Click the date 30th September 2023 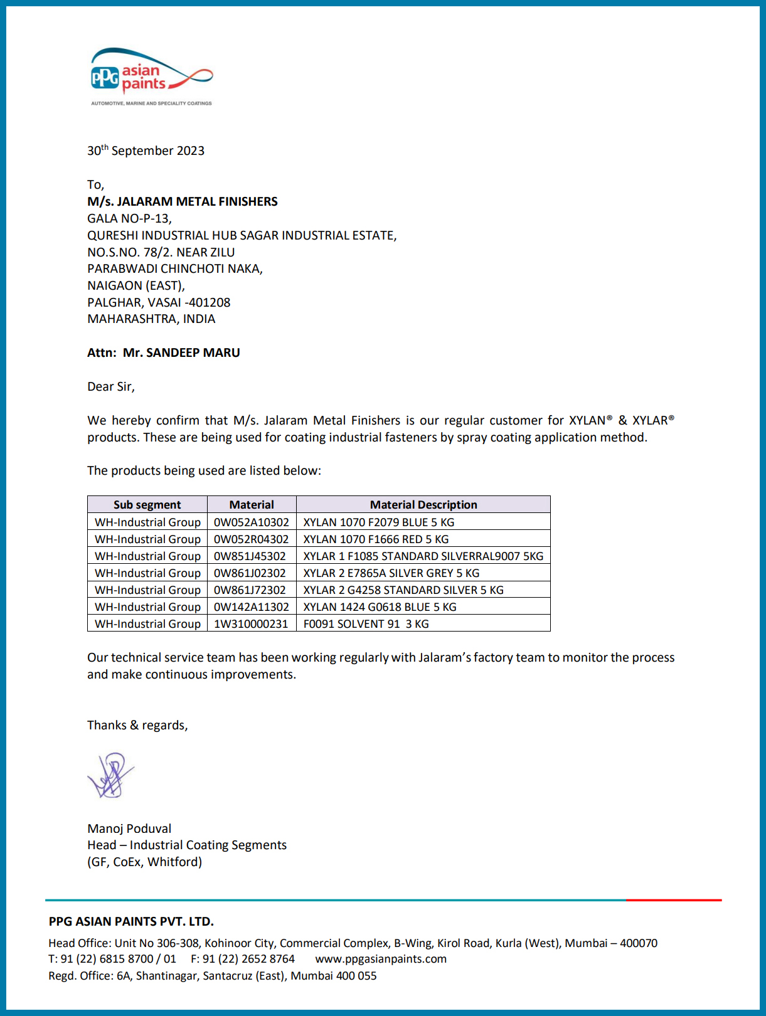(146, 151)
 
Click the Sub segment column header (147, 505)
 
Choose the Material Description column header (423, 505)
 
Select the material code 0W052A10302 (252, 522)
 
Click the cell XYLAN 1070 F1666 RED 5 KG (376, 539)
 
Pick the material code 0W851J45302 (250, 556)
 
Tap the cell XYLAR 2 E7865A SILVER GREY (391, 573)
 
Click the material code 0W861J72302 (250, 590)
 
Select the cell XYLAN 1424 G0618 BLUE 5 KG (380, 607)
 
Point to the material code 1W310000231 (251, 624)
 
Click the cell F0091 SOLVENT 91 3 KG (366, 624)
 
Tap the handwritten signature (111, 775)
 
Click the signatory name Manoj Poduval (129, 828)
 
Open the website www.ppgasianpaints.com (381, 959)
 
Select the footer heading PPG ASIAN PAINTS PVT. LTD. (131, 921)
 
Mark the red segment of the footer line (674, 900)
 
